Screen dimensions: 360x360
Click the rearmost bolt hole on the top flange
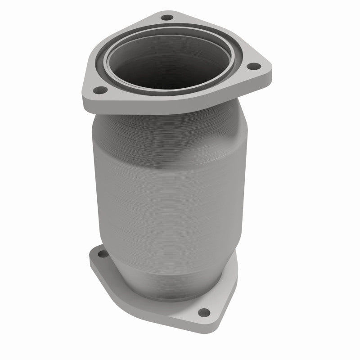(x=167, y=18)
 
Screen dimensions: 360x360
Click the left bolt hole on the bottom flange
(x=99, y=254)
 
